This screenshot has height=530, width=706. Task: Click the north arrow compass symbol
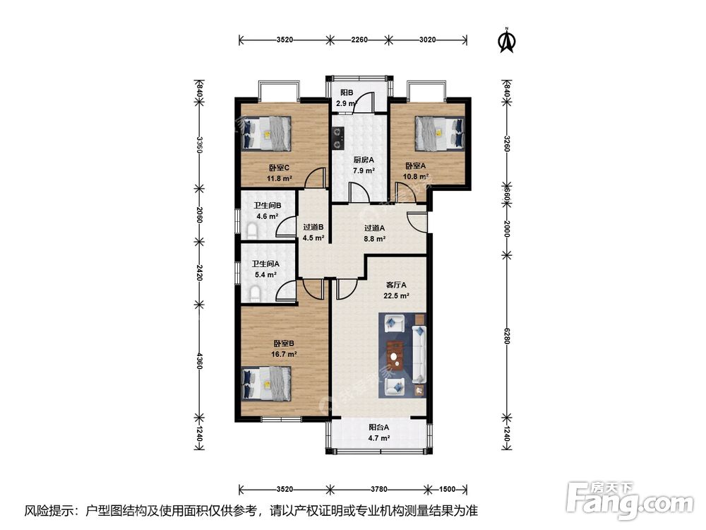[506, 40]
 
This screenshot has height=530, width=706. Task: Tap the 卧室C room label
[279, 167]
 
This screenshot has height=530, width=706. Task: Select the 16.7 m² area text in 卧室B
[284, 354]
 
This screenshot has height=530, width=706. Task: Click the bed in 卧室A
[439, 134]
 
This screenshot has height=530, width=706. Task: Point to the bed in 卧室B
[267, 383]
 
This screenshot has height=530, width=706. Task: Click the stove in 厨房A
[337, 139]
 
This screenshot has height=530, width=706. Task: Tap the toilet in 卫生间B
[253, 232]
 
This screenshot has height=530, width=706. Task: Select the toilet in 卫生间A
[254, 293]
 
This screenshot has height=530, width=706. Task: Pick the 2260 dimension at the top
[359, 40]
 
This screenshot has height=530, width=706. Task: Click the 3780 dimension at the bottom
[379, 489]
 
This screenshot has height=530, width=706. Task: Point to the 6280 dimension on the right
[506, 336]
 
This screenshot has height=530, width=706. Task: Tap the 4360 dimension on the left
[199, 360]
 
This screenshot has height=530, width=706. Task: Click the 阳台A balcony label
[378, 428]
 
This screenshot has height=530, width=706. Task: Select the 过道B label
[313, 227]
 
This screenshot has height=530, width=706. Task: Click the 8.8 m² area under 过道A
[375, 239]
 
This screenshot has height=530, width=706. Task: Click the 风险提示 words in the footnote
[49, 511]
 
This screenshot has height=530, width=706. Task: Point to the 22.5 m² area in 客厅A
[396, 296]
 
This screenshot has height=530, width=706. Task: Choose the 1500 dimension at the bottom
[447, 489]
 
